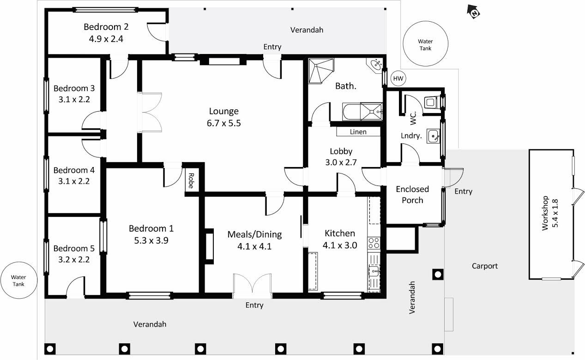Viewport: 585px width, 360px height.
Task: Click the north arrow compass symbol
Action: pos(473,12)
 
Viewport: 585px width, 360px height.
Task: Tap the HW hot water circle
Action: pos(398,78)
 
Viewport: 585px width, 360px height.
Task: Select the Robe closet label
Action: pos(191,180)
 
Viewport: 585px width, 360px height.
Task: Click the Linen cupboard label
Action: pos(358,132)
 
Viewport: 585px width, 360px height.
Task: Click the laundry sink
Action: pos(433,136)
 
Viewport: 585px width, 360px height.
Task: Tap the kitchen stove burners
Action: pos(374,243)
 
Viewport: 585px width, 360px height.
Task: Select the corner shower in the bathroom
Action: pos(321,71)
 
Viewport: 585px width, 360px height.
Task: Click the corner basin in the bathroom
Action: pos(375,65)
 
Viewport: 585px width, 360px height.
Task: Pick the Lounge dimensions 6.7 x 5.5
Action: pos(224,123)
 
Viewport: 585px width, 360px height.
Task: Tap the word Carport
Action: pos(485,266)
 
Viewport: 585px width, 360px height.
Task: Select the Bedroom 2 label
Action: pos(106,27)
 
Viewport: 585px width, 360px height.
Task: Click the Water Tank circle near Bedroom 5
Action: pos(19,280)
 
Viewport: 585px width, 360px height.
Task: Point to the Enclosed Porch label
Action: pos(412,194)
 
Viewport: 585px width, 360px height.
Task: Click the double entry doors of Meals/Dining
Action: pos(252,286)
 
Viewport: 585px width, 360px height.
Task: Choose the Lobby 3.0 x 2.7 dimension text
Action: pos(341,162)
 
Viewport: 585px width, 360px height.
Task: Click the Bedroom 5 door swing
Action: pos(75,287)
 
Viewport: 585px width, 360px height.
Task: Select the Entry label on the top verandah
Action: pos(272,47)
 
